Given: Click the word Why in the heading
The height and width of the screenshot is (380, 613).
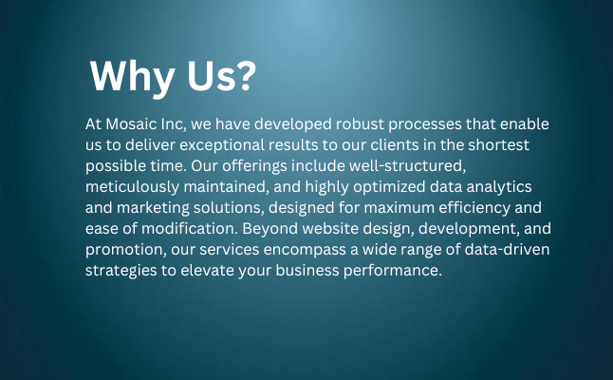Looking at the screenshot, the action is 132,78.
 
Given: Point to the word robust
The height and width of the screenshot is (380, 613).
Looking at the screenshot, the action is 360,124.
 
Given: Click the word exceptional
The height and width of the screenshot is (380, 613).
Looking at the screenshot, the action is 222,145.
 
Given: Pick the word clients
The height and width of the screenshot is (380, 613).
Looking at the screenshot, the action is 395,145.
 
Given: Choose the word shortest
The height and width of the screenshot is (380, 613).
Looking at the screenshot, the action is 498,145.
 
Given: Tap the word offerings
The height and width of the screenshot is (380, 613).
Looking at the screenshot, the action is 254,166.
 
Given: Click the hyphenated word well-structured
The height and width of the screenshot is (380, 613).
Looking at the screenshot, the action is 407,166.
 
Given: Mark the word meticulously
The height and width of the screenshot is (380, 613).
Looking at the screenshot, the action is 132,186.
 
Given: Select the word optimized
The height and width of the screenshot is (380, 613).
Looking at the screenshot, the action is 389,186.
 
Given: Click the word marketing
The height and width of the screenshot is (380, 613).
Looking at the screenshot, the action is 153,208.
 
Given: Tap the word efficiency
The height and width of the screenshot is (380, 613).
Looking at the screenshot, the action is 474,208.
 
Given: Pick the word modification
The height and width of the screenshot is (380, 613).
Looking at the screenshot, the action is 190,229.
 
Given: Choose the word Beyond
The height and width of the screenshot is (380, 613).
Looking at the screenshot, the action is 269,229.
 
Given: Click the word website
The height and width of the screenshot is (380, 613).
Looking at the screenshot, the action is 330,229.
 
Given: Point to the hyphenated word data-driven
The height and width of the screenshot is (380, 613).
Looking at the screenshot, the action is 507,250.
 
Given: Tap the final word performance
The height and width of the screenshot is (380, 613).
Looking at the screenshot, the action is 393,271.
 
